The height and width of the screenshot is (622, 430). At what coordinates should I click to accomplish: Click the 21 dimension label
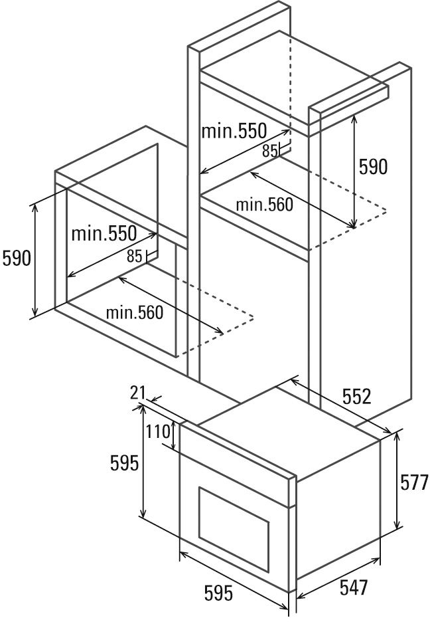pos(137,393)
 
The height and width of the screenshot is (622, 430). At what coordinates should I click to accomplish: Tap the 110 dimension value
pos(158,431)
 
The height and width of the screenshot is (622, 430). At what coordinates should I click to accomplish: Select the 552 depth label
pos(356,397)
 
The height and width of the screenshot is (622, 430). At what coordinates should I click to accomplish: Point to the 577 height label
pos(414,482)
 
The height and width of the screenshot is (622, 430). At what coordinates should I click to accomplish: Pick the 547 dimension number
pos(353,587)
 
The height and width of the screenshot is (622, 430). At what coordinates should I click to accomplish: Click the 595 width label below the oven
pos(218,593)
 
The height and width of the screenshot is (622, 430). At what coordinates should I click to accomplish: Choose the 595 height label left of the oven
pos(124,463)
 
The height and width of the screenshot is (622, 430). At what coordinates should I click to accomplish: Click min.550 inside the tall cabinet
pos(234,130)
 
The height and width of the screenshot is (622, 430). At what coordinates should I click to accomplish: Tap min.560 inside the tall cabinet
pos(264,205)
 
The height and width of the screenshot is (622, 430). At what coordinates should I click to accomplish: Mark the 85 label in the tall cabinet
pos(269,151)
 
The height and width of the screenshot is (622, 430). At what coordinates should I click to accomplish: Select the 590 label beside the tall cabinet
pos(373,166)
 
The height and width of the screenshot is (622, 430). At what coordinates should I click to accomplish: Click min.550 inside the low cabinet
pos(104,233)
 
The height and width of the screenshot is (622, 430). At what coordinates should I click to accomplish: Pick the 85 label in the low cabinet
pos(134,256)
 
